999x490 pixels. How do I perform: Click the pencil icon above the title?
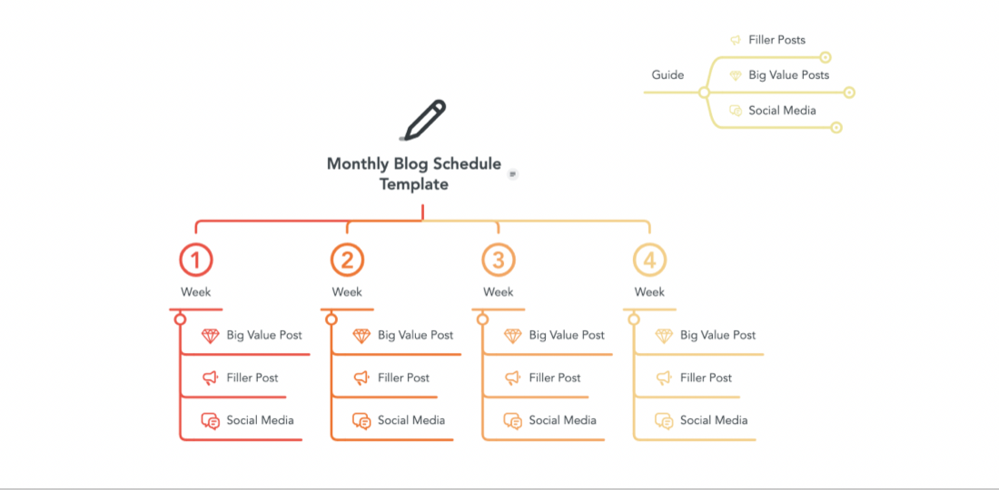(424, 120)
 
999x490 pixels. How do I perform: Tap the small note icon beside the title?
(513, 174)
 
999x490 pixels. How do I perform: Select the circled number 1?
(195, 260)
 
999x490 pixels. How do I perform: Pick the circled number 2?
(347, 260)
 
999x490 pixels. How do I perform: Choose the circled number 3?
(499, 260)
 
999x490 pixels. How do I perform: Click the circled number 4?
(649, 260)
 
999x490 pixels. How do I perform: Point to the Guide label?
(668, 75)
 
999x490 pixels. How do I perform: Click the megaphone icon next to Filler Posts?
(736, 40)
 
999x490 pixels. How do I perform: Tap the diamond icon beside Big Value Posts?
(736, 75)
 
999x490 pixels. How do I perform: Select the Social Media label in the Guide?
(782, 110)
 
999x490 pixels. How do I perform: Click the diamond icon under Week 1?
(211, 336)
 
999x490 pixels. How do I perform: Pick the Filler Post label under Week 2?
(403, 377)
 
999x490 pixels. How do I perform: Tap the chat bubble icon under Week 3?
(513, 421)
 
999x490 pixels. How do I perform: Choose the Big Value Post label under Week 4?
(718, 335)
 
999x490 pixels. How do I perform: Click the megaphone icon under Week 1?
(211, 378)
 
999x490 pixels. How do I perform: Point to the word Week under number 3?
(499, 292)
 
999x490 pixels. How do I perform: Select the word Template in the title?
(414, 184)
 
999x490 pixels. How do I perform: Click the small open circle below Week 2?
(331, 318)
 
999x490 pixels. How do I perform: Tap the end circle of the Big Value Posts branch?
(848, 93)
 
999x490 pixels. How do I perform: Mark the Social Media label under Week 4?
(714, 420)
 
